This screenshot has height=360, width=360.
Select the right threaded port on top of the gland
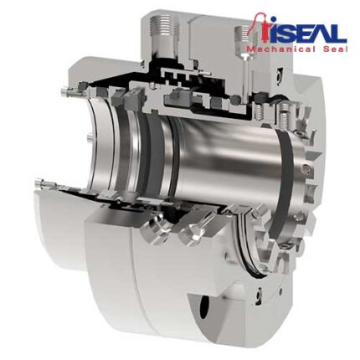[244, 37]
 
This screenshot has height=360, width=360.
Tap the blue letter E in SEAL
[299, 33]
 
